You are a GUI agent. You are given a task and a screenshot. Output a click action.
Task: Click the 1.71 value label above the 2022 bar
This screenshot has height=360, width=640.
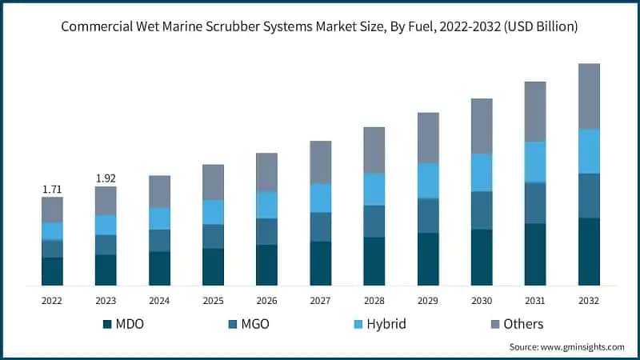click(x=52, y=189)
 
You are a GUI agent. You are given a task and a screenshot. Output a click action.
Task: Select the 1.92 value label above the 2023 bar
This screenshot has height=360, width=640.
click(x=106, y=178)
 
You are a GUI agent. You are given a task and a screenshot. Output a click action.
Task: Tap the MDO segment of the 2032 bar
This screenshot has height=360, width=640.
click(x=589, y=251)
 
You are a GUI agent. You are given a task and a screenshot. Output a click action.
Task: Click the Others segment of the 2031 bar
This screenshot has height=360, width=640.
click(x=535, y=111)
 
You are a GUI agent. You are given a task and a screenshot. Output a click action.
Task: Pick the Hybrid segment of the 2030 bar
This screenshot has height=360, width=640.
click(x=482, y=172)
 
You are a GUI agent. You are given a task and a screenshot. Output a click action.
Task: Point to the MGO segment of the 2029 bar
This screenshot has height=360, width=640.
click(x=428, y=215)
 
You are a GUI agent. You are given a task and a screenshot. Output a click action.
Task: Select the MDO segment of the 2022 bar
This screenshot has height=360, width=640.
click(x=52, y=271)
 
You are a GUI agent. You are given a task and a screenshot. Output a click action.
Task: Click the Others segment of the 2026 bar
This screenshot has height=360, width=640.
click(x=266, y=172)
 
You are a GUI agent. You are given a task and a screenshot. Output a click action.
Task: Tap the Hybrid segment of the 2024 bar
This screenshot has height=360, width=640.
click(x=159, y=218)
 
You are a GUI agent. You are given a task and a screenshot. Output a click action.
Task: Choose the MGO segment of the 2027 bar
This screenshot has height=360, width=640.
click(x=320, y=226)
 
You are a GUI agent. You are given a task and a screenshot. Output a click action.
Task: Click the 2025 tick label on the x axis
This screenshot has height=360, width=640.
click(x=213, y=299)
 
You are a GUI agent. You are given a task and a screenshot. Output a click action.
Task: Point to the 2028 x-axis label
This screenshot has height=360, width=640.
click(x=374, y=299)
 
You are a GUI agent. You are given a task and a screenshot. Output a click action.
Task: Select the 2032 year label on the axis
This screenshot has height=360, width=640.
click(x=589, y=299)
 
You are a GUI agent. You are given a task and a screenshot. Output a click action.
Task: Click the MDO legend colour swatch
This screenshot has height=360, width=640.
click(x=108, y=324)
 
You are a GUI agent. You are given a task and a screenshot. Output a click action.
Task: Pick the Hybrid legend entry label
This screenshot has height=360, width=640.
click(x=386, y=324)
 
